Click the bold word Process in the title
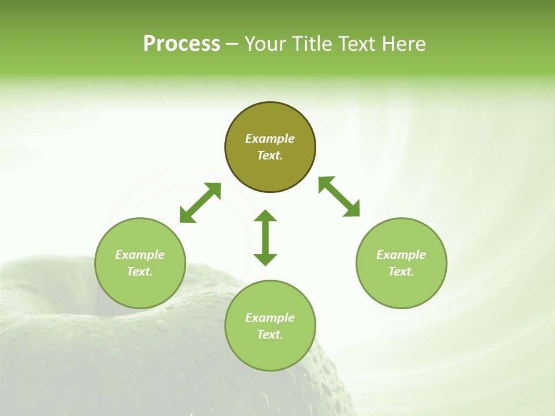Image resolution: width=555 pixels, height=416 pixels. tap(182, 44)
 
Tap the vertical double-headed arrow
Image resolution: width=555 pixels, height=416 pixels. tap(265, 237)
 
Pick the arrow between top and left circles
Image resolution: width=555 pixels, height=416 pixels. tap(200, 203)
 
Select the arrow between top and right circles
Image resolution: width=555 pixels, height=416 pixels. tap(339, 196)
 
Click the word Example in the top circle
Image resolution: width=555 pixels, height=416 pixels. tap(270, 139)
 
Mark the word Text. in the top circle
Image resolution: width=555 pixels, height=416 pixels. tap(270, 155)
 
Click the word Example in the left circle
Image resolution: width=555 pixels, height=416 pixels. tap(140, 255)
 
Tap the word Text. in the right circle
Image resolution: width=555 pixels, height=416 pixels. tap(401, 272)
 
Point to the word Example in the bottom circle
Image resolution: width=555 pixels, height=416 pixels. tap(270, 318)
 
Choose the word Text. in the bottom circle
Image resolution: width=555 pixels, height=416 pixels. tap(270, 335)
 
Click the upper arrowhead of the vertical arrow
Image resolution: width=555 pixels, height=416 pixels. tap(265, 216)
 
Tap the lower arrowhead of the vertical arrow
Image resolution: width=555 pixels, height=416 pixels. tap(265, 259)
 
